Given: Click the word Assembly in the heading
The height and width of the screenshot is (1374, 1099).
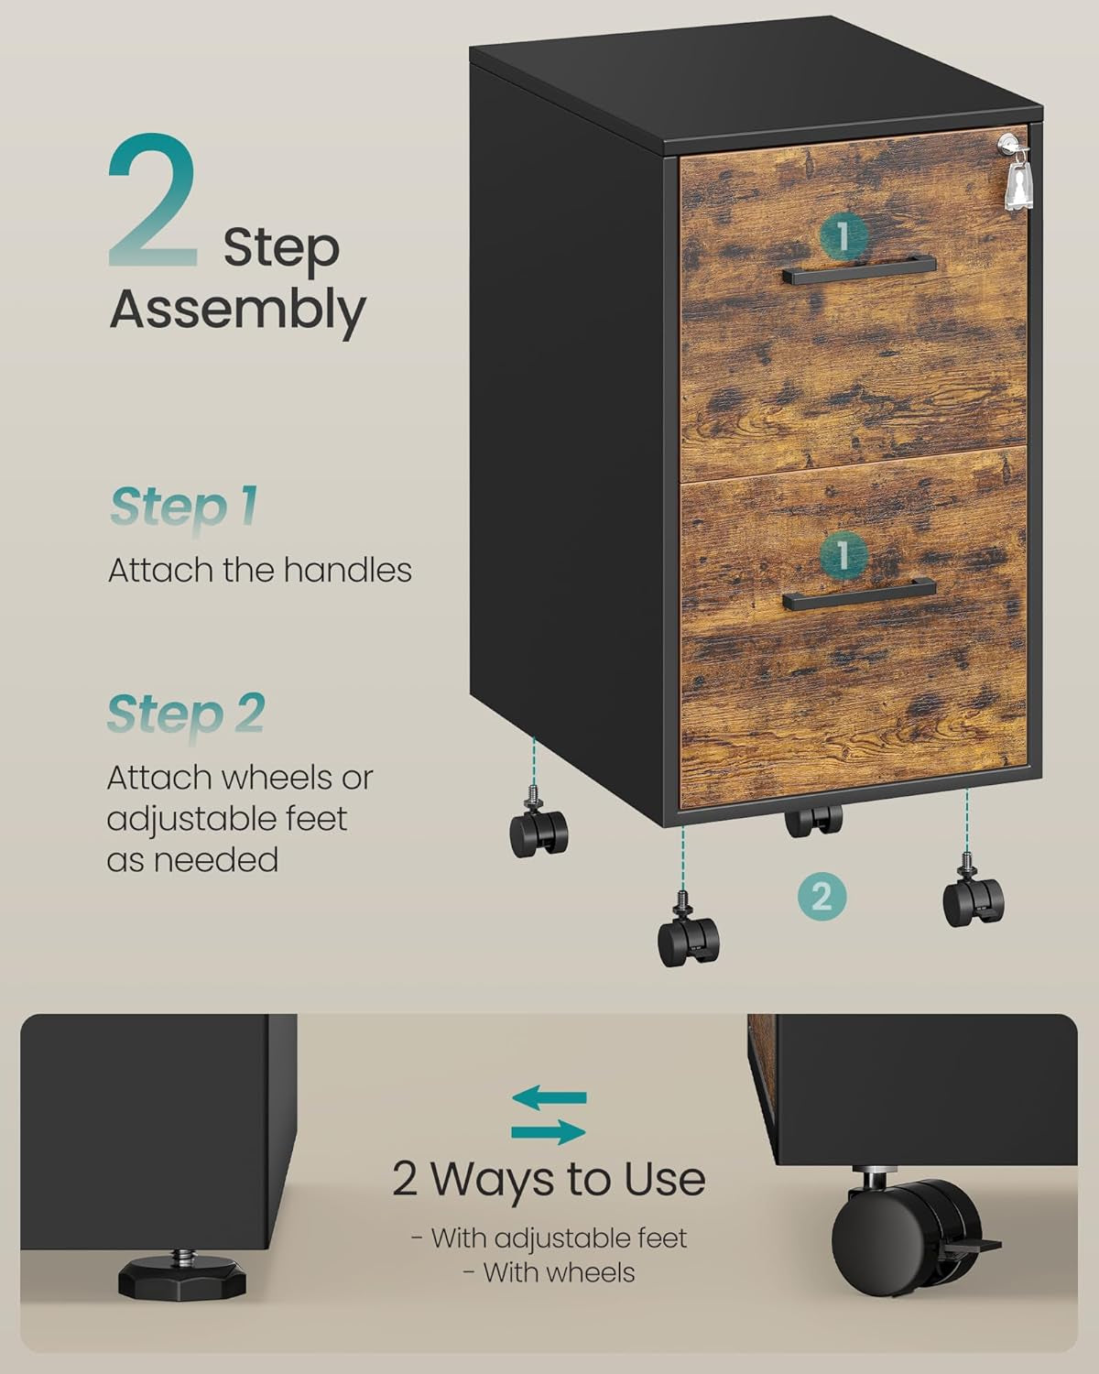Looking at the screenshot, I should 237,310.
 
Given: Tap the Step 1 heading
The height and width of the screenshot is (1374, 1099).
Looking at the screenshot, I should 183,507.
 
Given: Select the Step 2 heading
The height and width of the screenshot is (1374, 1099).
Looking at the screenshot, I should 186,714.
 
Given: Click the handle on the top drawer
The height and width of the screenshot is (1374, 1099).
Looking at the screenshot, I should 858,269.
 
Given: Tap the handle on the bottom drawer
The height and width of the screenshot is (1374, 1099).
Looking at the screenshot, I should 858,594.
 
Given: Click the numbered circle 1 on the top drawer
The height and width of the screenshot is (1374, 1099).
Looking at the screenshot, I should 843,236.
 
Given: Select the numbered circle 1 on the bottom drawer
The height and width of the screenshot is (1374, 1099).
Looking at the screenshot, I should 843,552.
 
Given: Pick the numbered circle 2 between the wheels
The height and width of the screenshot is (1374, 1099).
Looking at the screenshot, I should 822,895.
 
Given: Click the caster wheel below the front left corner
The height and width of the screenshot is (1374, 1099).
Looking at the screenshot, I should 689,939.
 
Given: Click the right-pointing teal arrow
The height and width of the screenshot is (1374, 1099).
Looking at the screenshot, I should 549,1131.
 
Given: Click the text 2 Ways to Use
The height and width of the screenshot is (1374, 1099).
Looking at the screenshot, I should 549,1179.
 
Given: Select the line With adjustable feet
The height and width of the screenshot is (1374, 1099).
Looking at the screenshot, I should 549,1238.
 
